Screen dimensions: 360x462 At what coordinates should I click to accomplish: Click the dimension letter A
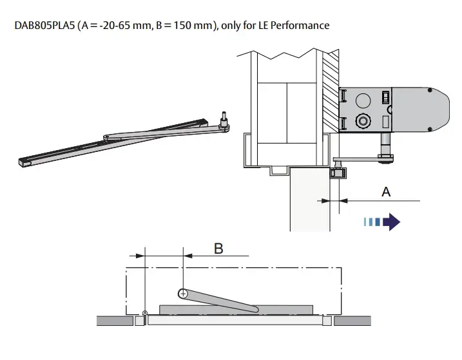[386, 191]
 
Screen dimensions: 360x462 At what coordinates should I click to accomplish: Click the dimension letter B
[218, 248]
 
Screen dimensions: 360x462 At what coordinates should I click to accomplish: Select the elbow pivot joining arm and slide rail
[107, 137]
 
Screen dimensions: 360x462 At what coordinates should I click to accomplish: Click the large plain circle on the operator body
[363, 100]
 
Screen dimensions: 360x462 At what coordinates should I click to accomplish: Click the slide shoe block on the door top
[336, 172]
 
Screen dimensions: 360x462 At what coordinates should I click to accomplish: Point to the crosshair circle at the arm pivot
[184, 293]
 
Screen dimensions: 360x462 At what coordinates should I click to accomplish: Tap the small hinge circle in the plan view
[145, 313]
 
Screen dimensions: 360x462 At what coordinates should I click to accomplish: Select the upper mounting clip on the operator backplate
[344, 95]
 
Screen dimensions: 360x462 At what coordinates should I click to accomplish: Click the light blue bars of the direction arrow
[371, 222]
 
